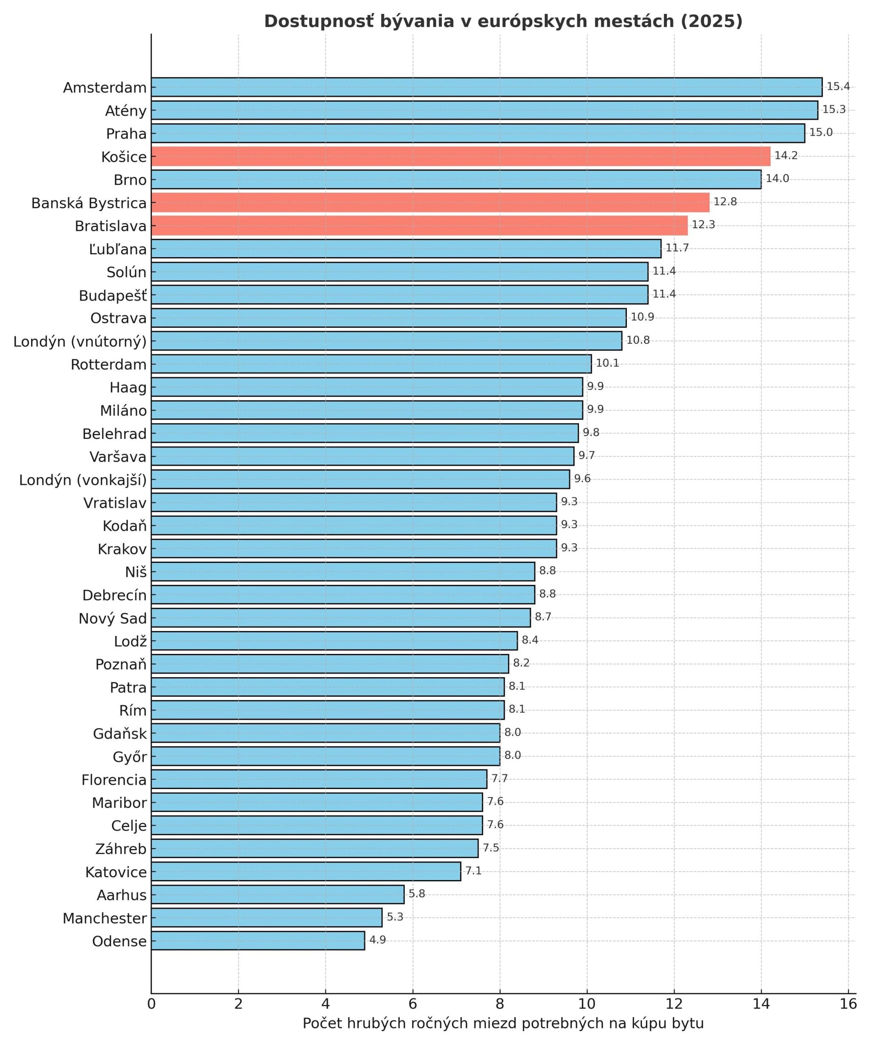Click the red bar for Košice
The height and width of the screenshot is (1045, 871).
tap(461, 156)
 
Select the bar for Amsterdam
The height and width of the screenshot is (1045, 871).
tap(486, 87)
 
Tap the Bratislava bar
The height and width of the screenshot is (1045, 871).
tap(419, 225)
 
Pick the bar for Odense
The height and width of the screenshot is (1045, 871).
tap(258, 940)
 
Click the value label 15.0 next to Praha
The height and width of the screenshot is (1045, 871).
tap(820, 132)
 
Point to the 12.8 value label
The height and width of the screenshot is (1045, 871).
tap(725, 202)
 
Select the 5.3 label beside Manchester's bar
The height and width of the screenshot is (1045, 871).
tap(395, 917)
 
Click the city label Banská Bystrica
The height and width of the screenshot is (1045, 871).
tap(89, 203)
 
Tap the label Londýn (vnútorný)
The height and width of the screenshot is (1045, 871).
tap(80, 341)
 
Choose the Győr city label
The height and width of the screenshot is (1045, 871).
tap(130, 757)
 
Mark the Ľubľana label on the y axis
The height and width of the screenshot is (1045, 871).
tap(118, 249)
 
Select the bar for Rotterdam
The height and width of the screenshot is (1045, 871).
tap(371, 364)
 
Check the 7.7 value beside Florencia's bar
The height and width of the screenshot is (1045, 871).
tap(499, 778)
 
